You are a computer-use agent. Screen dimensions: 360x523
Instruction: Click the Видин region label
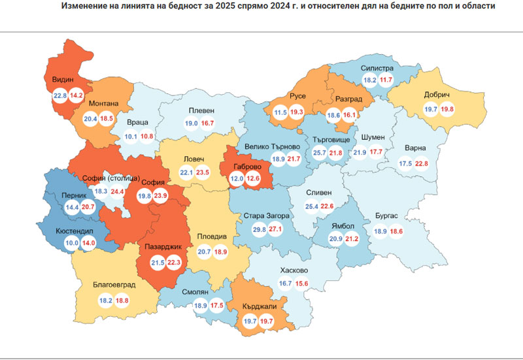point(63,80)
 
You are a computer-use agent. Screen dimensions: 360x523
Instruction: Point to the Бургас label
point(391,216)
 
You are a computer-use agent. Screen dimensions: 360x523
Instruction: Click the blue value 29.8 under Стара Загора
point(260,230)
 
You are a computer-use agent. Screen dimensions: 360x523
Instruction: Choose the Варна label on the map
point(415,148)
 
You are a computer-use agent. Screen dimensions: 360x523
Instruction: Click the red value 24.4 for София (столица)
point(117,192)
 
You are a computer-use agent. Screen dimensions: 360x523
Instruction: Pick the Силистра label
point(377,68)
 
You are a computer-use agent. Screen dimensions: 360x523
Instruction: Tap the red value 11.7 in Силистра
point(386,80)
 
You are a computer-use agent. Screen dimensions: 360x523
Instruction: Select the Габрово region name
point(246,165)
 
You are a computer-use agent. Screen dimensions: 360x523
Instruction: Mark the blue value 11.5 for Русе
point(281,112)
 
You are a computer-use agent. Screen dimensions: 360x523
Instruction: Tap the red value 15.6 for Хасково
point(301,283)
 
